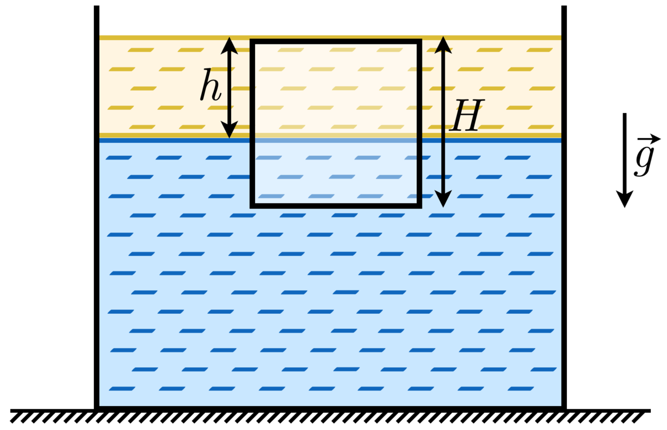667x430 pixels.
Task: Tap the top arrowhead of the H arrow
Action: [443, 45]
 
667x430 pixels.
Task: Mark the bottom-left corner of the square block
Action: [253, 205]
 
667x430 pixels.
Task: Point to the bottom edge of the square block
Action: [336, 205]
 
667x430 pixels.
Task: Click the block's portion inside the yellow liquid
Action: [336, 89]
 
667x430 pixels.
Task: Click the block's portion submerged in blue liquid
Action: [336, 172]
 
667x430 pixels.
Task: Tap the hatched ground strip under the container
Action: [328, 417]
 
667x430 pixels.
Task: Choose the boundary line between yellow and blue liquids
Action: [167, 138]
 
